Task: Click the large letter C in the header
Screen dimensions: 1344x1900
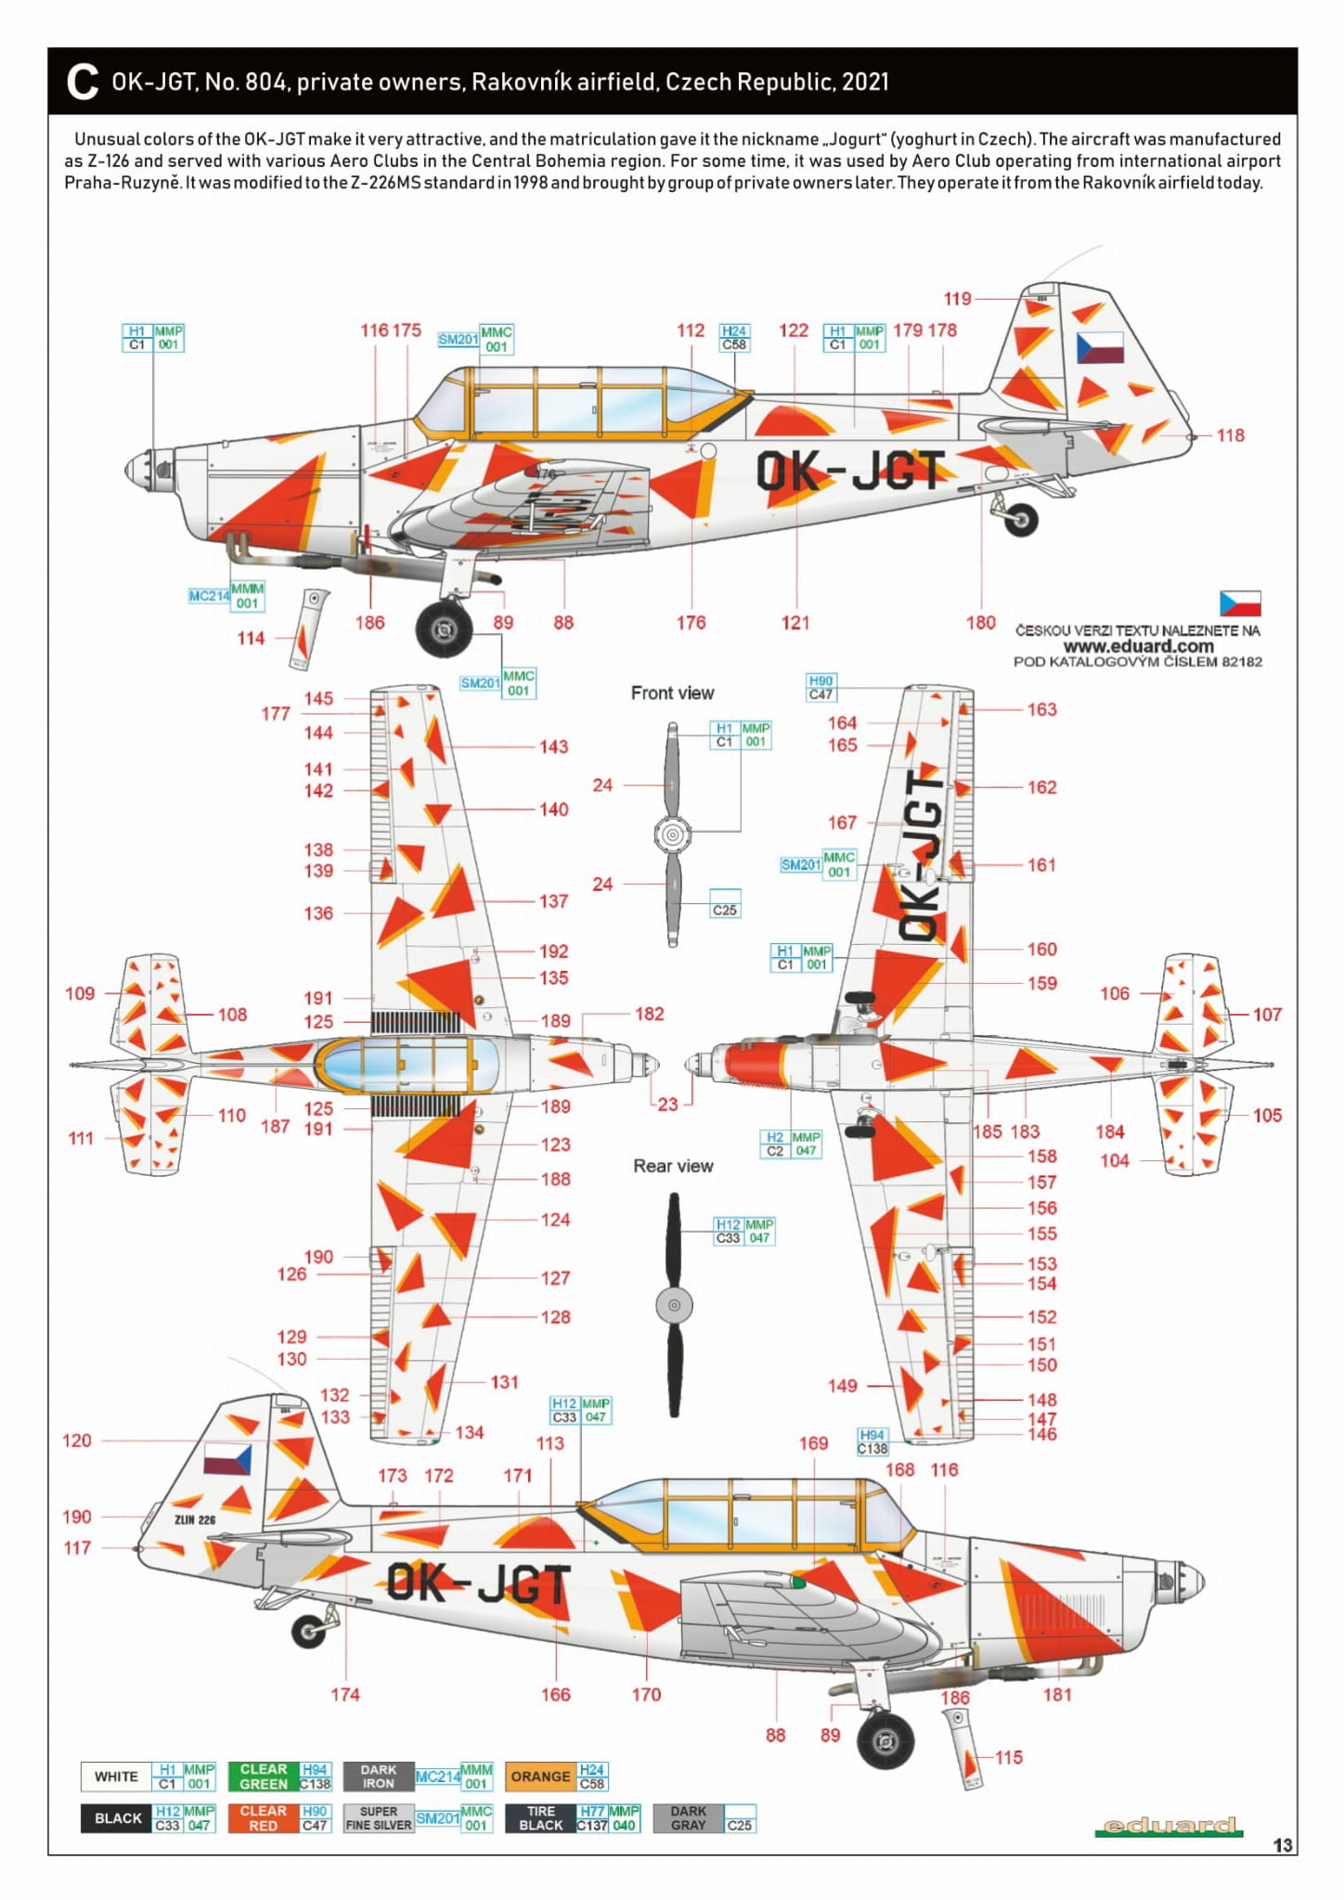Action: pyautogui.click(x=83, y=82)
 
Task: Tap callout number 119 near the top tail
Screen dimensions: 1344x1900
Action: pyautogui.click(x=957, y=299)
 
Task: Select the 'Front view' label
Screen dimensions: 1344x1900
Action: pyautogui.click(x=672, y=693)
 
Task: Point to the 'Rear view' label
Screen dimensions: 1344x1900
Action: pyautogui.click(x=673, y=1166)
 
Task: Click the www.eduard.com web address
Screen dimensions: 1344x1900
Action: pyautogui.click(x=1138, y=646)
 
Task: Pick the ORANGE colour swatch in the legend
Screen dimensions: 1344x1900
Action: pyautogui.click(x=540, y=1777)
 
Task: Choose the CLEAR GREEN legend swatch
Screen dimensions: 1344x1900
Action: pyautogui.click(x=264, y=1777)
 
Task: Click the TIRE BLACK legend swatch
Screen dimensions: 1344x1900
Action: pyautogui.click(x=540, y=1818)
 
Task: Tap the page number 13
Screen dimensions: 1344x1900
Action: pyautogui.click(x=1283, y=1845)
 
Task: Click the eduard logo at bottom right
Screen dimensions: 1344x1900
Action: pyautogui.click(x=1169, y=1827)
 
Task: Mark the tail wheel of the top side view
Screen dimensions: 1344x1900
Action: pyautogui.click(x=1021, y=520)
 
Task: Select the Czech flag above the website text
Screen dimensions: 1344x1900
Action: pyautogui.click(x=1240, y=603)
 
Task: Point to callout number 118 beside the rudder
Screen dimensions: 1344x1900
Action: pyautogui.click(x=1231, y=435)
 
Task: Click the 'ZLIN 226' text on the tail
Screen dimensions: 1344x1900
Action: pyautogui.click(x=195, y=1519)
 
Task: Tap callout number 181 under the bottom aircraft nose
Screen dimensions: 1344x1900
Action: pyautogui.click(x=1057, y=1695)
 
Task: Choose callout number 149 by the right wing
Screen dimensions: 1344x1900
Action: pyautogui.click(x=842, y=1386)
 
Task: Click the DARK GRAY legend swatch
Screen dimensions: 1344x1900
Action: pyautogui.click(x=689, y=1818)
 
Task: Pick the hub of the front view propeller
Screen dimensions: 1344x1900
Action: pyautogui.click(x=673, y=834)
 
